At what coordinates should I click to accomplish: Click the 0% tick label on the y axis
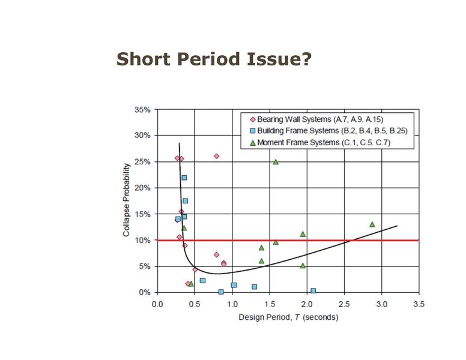(145, 292)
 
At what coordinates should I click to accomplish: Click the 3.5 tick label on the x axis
(419, 304)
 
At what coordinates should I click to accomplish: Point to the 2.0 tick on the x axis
(307, 304)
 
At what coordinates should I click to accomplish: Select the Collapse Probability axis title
(127, 201)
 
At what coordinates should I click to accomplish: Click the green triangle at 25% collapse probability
(276, 161)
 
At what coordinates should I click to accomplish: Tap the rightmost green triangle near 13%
(372, 224)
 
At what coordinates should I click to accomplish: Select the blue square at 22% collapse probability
(184, 178)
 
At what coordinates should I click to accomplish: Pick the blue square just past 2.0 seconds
(313, 290)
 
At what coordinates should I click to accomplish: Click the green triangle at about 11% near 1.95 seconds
(303, 234)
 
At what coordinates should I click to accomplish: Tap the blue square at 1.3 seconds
(255, 287)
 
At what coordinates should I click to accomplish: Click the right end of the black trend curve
(397, 226)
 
